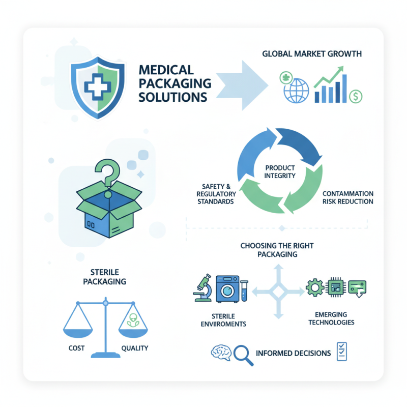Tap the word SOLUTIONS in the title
click(x=172, y=97)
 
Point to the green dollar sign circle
click(x=356, y=95)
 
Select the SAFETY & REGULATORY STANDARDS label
click(x=214, y=194)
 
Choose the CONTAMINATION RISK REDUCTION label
click(x=348, y=197)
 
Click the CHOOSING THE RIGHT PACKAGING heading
click(x=277, y=250)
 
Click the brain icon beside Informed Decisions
click(x=221, y=353)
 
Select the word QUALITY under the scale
click(x=134, y=348)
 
